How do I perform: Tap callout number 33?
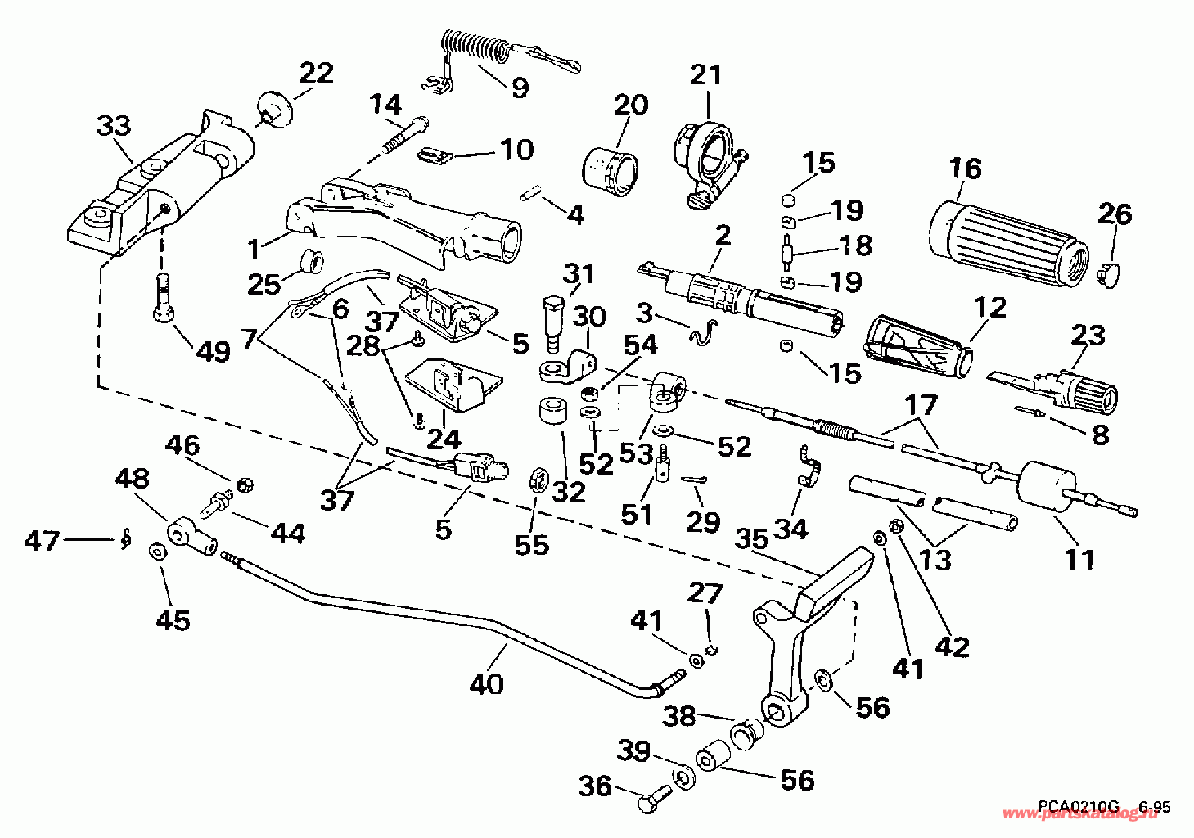[x=114, y=127]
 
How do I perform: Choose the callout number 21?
[x=705, y=76]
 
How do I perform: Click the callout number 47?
[x=42, y=541]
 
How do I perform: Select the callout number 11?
[x=1080, y=560]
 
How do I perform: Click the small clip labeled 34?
[x=809, y=466]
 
